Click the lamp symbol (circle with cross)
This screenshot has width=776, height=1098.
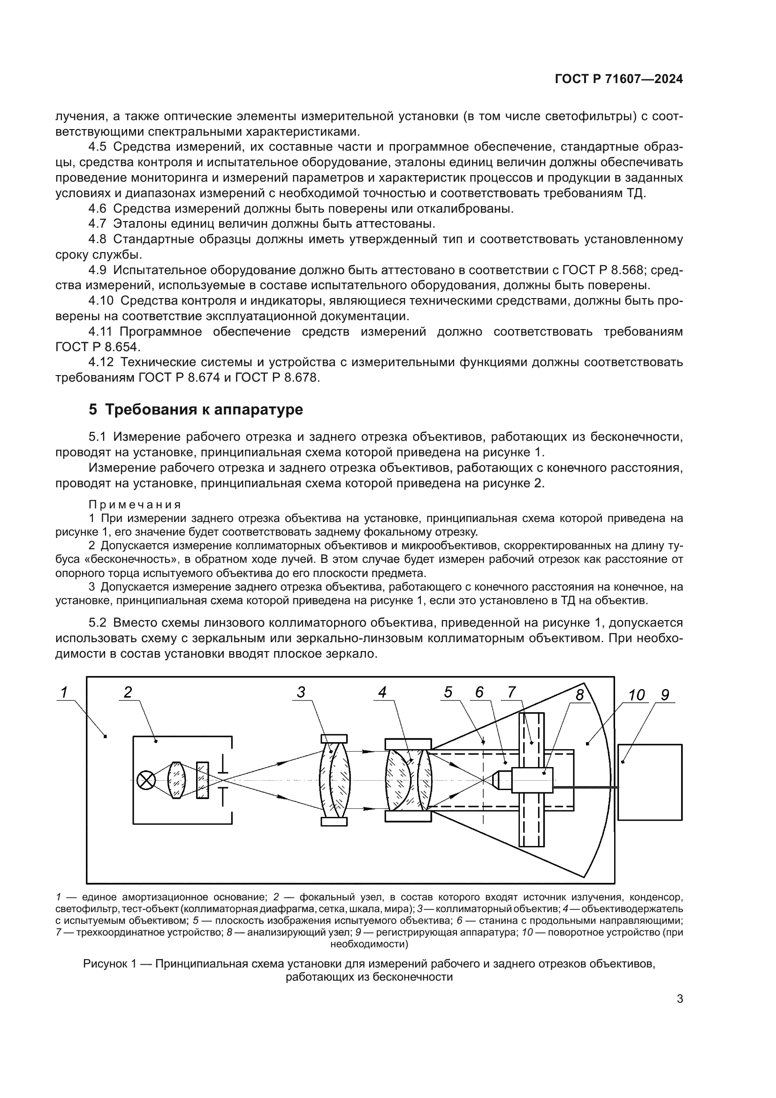click(x=146, y=781)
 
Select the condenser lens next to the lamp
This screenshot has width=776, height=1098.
click(x=176, y=781)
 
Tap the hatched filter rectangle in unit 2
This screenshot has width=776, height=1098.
click(x=203, y=780)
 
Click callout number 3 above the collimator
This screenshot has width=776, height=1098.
click(x=301, y=692)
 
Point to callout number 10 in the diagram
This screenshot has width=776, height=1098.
click(x=637, y=695)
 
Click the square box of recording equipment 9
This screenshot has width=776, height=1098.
click(x=650, y=782)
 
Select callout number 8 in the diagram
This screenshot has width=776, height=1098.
click(x=579, y=695)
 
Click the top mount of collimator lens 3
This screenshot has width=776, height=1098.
click(x=334, y=738)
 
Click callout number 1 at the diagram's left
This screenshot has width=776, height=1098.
click(x=64, y=692)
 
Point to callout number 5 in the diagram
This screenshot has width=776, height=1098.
click(x=448, y=692)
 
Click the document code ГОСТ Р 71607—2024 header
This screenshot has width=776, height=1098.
click(x=619, y=79)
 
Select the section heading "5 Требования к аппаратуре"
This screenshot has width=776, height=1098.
click(x=196, y=410)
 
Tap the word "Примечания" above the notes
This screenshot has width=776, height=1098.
click(x=135, y=505)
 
